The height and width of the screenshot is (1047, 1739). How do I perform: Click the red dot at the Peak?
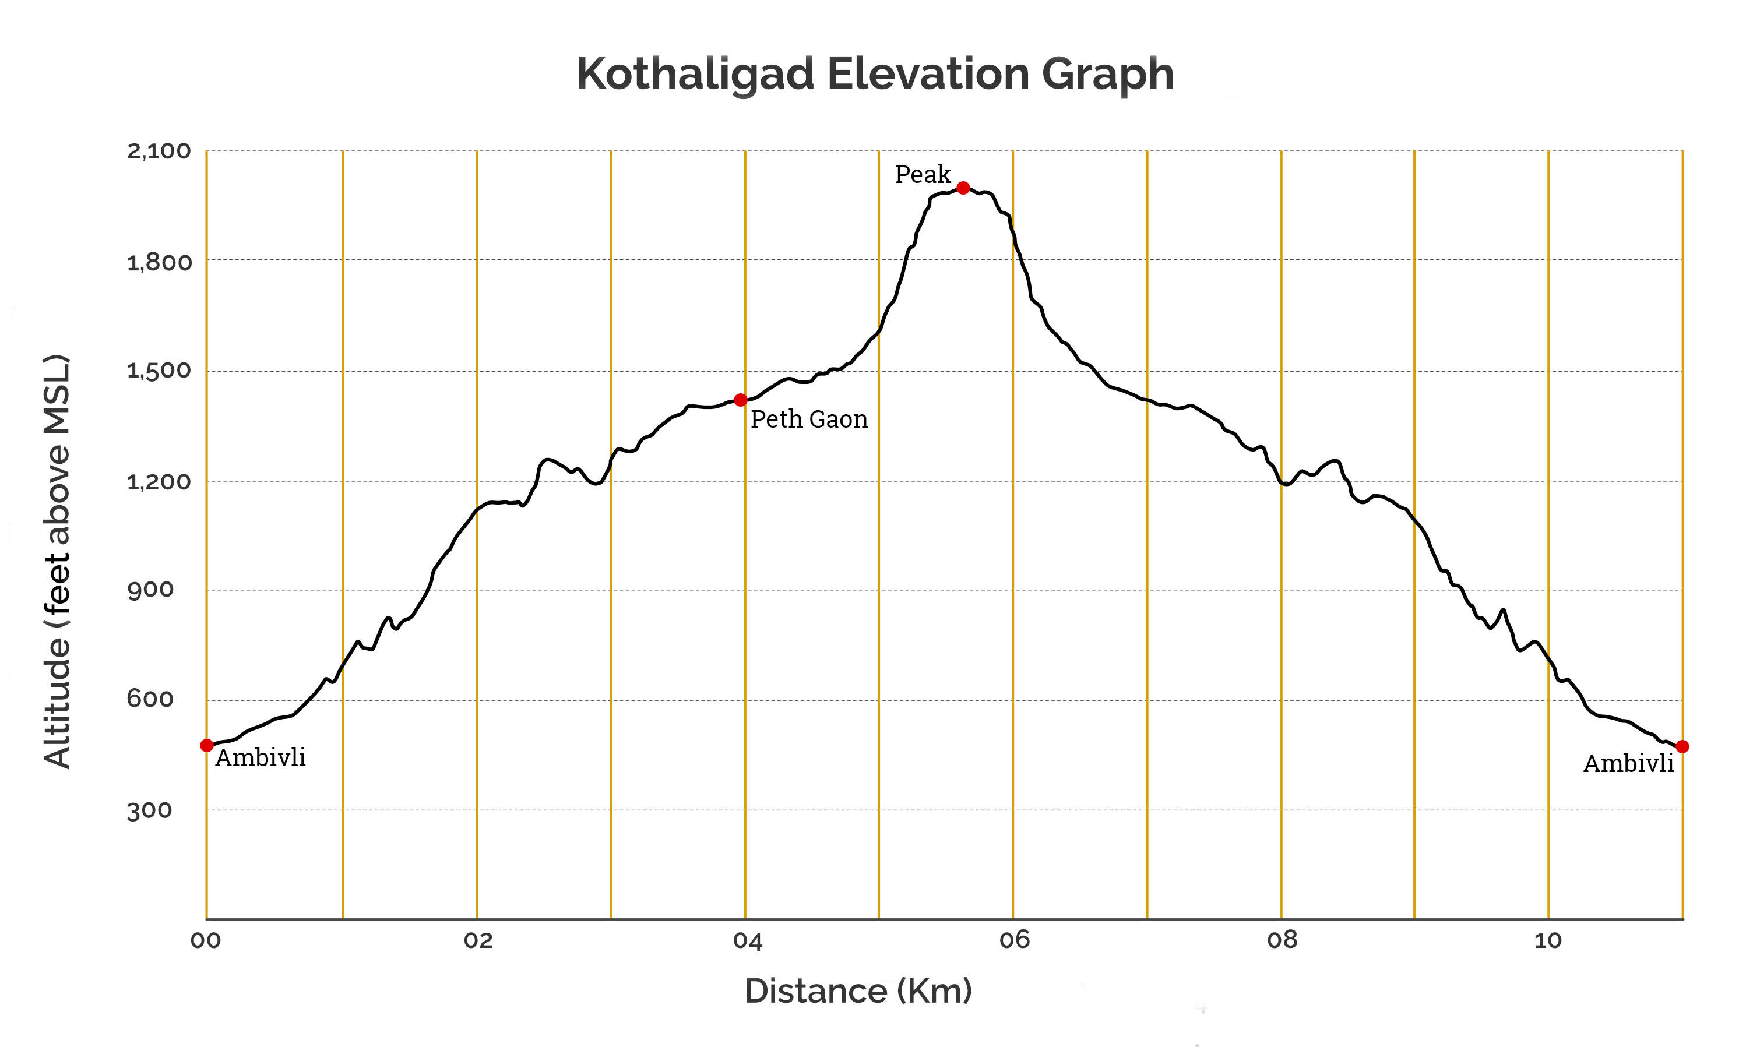pos(962,188)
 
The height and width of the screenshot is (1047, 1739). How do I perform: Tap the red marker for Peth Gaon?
pos(740,400)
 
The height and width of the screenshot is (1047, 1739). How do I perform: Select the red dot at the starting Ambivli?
pos(207,746)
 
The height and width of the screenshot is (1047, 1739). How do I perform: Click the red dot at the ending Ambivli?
pos(1682,746)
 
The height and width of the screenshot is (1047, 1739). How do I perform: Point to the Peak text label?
pos(922,174)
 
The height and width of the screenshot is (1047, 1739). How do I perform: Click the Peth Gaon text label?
pos(808,419)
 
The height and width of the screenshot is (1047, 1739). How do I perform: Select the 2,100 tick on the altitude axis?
pos(159,151)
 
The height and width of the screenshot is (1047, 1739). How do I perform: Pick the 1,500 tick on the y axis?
pos(159,371)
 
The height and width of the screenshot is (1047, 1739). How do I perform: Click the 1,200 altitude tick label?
pos(159,482)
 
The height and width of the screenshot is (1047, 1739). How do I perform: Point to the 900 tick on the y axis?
pos(150,590)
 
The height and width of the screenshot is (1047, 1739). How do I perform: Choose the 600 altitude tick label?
pos(150,699)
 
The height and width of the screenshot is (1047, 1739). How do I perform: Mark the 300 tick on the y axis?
pos(150,810)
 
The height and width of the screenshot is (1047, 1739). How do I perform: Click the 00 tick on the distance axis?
pos(205,940)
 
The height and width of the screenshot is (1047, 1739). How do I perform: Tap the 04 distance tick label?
pos(747,940)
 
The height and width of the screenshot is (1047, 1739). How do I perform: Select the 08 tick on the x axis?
pos(1282,940)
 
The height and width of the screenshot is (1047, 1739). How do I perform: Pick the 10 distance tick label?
pos(1548,940)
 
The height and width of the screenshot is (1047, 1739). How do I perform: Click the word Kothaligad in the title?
pos(695,74)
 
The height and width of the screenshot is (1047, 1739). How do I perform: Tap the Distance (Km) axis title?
pos(858,991)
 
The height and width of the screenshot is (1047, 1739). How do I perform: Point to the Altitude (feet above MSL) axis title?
pos(57,561)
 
